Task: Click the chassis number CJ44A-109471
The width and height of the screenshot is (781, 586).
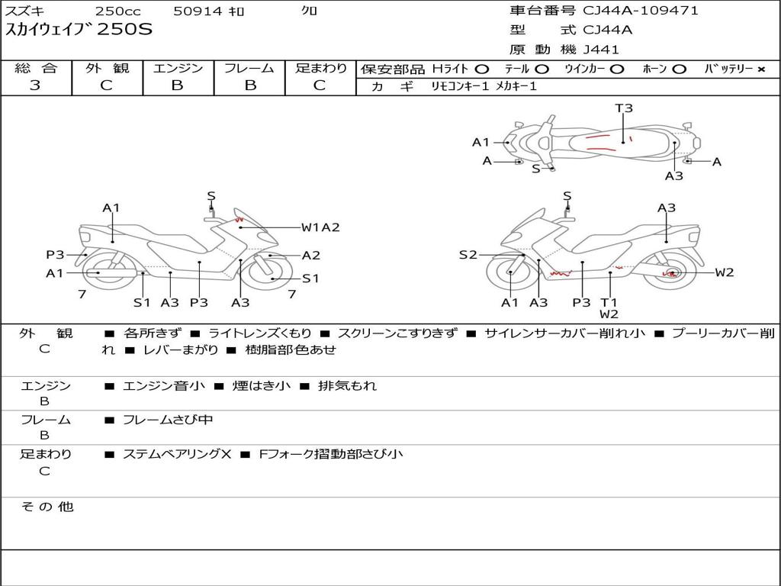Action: (x=641, y=11)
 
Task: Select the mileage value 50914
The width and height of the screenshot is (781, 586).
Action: (x=198, y=11)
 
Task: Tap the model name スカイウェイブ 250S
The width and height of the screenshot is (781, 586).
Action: (x=79, y=30)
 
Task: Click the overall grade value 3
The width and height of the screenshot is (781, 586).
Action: (x=35, y=85)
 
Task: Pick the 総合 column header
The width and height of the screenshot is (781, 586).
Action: (x=35, y=69)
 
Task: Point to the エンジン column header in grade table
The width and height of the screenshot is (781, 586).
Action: (x=178, y=69)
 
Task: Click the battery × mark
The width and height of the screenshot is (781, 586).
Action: (x=760, y=69)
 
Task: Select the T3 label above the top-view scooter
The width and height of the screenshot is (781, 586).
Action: (x=624, y=108)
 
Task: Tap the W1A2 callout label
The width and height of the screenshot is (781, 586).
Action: (x=320, y=227)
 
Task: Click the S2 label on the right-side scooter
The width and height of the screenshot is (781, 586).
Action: (x=468, y=255)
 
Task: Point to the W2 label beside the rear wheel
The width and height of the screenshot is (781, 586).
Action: (x=724, y=272)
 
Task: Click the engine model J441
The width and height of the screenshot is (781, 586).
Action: (x=601, y=50)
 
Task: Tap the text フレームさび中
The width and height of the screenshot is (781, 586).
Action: (x=168, y=420)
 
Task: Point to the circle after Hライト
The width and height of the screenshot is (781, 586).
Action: (x=482, y=69)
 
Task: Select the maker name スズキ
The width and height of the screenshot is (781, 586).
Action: (x=25, y=11)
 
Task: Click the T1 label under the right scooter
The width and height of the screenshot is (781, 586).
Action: (x=609, y=302)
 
